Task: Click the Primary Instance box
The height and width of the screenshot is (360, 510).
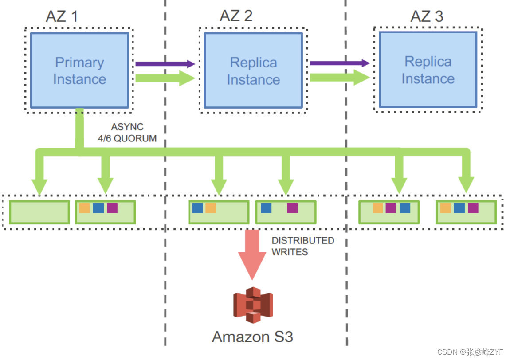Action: pyautogui.click(x=79, y=70)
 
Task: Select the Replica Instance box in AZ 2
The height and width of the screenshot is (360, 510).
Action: pyautogui.click(x=253, y=70)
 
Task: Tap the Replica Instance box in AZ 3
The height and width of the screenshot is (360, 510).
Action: pyautogui.click(x=428, y=70)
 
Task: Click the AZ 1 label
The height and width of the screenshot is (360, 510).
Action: pyautogui.click(x=62, y=16)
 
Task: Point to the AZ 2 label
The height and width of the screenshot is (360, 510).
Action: pyautogui.click(x=236, y=16)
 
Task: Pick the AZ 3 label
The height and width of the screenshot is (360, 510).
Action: pyautogui.click(x=427, y=16)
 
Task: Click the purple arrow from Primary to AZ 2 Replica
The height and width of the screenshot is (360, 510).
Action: pyautogui.click(x=165, y=64)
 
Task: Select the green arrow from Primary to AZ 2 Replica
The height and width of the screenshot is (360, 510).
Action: pyautogui.click(x=165, y=78)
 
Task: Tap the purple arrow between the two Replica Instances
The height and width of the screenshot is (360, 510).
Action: pyautogui.click(x=339, y=63)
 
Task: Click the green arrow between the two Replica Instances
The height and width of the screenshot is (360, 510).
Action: pyautogui.click(x=339, y=78)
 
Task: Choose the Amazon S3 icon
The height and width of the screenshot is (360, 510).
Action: pyautogui.click(x=253, y=305)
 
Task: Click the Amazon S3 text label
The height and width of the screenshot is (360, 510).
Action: pyautogui.click(x=253, y=337)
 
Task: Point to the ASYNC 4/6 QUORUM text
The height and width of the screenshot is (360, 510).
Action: pyautogui.click(x=127, y=133)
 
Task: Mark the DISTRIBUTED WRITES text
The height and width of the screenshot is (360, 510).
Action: pyautogui.click(x=303, y=246)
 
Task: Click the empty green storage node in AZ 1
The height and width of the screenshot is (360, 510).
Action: pyautogui.click(x=39, y=212)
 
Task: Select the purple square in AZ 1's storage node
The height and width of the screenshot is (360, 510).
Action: pyautogui.click(x=112, y=208)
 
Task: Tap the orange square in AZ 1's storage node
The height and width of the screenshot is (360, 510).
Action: pyautogui.click(x=84, y=208)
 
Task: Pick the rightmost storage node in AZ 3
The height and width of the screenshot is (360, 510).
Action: pyautogui.click(x=466, y=212)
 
